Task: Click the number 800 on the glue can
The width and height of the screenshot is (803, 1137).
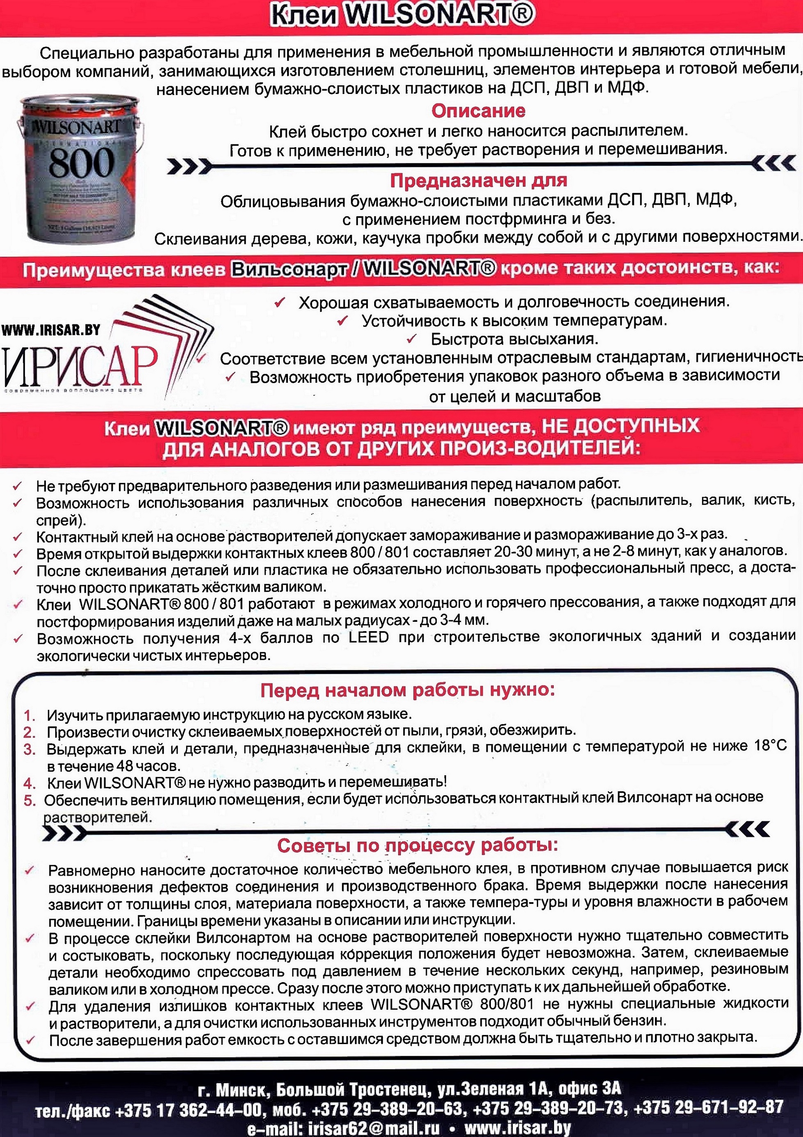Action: coord(81,162)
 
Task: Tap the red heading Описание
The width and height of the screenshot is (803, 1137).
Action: coord(478,110)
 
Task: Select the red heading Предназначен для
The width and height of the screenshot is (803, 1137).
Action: coord(478,180)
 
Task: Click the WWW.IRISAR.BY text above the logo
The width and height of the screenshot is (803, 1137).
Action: coord(51,330)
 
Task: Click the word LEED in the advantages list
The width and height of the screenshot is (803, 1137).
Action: coord(369,637)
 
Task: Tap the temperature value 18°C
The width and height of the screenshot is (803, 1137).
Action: coord(770,746)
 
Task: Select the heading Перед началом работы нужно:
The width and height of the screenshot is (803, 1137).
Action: coord(407,690)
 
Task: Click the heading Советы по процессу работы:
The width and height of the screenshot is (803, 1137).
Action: coord(417,845)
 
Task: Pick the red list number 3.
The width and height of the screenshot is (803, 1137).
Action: coord(29,749)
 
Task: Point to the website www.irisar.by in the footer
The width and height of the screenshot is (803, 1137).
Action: coord(518,1128)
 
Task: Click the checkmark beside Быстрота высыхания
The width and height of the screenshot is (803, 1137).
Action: coord(411,339)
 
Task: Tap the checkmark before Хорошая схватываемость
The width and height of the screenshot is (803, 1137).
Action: coord(279,302)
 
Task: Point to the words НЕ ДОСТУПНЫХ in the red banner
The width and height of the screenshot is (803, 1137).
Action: coord(620,426)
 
